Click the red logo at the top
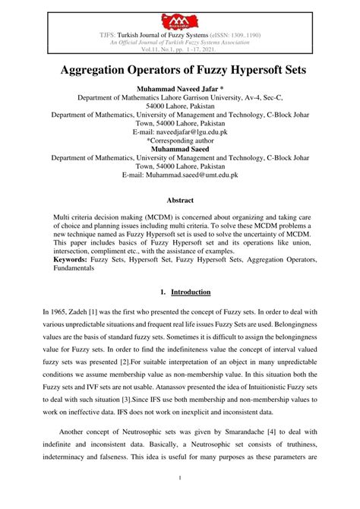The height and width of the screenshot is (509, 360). click(x=180, y=15)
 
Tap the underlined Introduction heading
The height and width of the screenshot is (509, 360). click(x=191, y=291)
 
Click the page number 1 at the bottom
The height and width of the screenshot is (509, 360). click(x=180, y=498)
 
